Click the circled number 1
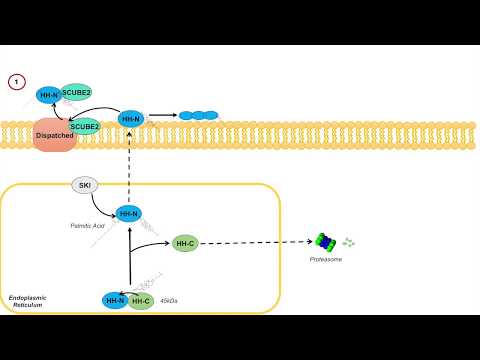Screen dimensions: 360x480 (16, 82)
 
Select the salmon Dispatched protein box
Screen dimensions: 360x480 (53, 135)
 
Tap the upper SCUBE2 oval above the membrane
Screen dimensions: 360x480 (77, 91)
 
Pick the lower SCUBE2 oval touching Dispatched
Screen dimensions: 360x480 (85, 126)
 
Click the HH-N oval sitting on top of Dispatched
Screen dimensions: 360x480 (47, 96)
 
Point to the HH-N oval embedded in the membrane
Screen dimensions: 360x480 (130, 119)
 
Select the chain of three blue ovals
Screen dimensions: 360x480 (198, 115)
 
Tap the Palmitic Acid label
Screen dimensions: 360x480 (88, 226)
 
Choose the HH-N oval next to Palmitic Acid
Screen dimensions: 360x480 (129, 213)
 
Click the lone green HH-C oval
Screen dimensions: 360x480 (185, 243)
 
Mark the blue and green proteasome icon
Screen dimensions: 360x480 (327, 242)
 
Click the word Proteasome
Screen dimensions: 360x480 (328, 260)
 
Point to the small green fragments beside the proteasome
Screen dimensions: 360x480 (348, 242)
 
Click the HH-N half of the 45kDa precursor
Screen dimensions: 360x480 (115, 300)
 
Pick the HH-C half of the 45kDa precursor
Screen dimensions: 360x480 (141, 300)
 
